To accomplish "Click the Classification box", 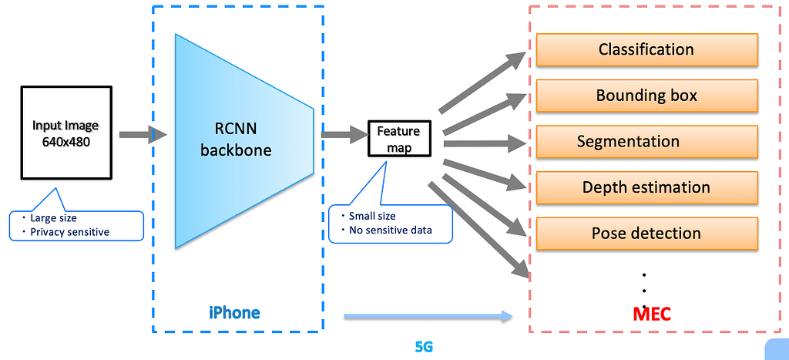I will click(647, 50).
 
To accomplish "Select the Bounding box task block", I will click(647, 96).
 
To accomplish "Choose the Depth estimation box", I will click(647, 187).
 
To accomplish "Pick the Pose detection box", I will click(647, 234).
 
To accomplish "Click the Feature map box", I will click(398, 139).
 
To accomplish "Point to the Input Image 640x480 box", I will click(65, 133).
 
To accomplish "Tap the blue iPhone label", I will click(234, 312).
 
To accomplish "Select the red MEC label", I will click(652, 313).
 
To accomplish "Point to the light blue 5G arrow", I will click(428, 315).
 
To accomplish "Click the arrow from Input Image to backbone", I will click(143, 135).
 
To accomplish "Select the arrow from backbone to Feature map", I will click(344, 134).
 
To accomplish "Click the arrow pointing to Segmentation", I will click(485, 143).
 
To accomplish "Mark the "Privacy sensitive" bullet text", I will click(69, 231).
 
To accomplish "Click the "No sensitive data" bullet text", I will click(390, 230).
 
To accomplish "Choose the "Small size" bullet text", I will click(373, 216).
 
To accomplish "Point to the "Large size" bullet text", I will click(54, 217).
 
